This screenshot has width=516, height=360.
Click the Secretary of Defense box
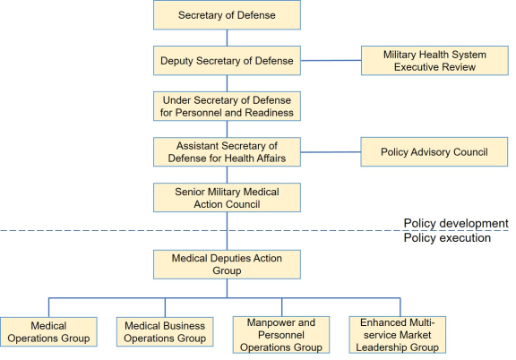(227, 15)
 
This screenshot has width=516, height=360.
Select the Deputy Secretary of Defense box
(227, 61)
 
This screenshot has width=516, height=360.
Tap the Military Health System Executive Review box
(434, 61)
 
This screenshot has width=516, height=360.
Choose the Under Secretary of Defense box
(227, 107)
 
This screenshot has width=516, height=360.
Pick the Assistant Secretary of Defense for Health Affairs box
(227, 152)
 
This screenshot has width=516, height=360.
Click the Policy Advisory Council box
(434, 152)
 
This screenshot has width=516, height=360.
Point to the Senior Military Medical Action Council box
(227, 197)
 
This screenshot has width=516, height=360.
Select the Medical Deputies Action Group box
(227, 264)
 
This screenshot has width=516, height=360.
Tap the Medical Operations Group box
(48, 331)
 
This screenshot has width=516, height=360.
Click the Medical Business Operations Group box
(165, 331)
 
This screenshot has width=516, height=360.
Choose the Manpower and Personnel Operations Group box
(281, 335)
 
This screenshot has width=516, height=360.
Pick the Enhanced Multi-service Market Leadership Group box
(398, 335)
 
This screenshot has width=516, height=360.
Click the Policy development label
(456, 223)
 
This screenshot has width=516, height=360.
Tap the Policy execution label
(447, 237)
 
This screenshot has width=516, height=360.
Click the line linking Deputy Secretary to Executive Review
(331, 61)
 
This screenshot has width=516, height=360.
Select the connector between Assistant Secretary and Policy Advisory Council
(331, 152)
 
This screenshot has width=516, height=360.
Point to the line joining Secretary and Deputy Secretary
(227, 38)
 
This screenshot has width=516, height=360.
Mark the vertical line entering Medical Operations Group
(48, 308)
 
